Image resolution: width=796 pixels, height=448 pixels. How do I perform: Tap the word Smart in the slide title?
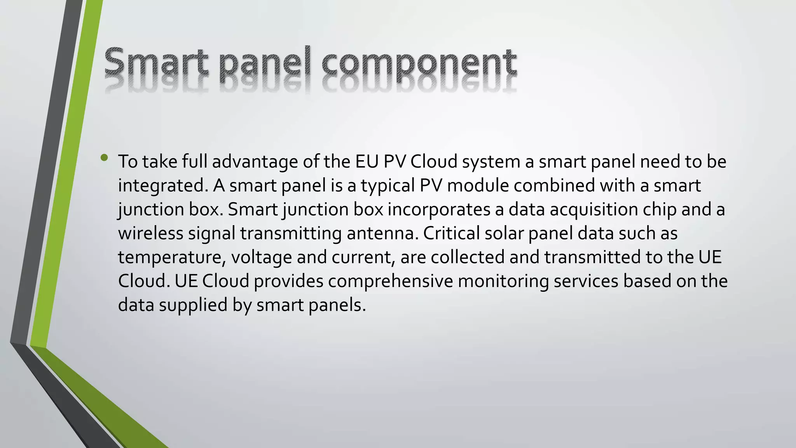click(x=155, y=62)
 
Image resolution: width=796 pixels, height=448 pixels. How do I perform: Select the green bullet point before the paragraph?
click(x=104, y=157)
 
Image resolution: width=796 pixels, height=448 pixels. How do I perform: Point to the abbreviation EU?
click(x=367, y=162)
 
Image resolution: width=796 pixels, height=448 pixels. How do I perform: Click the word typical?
click(x=388, y=186)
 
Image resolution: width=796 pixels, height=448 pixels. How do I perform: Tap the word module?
click(x=478, y=185)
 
